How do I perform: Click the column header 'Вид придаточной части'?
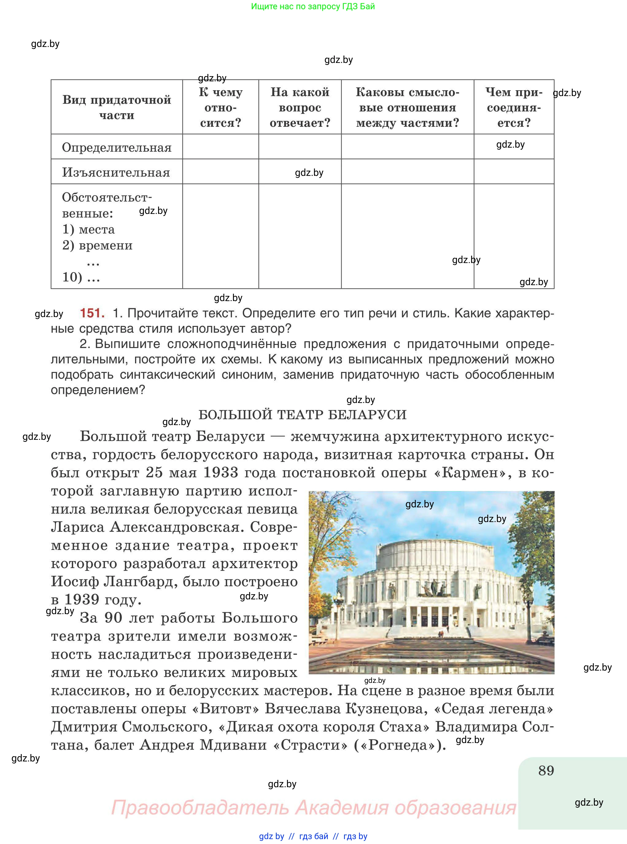click(117, 107)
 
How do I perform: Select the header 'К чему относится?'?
click(221, 107)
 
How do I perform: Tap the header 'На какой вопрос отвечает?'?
click(300, 107)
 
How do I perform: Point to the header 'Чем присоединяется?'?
click(513, 107)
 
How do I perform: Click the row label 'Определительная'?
click(117, 147)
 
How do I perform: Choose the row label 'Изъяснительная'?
click(116, 172)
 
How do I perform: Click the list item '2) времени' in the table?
click(98, 245)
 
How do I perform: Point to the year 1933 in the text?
click(221, 472)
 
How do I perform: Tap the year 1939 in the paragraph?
click(82, 600)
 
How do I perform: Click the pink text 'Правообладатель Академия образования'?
click(314, 807)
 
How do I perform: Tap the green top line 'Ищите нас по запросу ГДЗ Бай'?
click(313, 6)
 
